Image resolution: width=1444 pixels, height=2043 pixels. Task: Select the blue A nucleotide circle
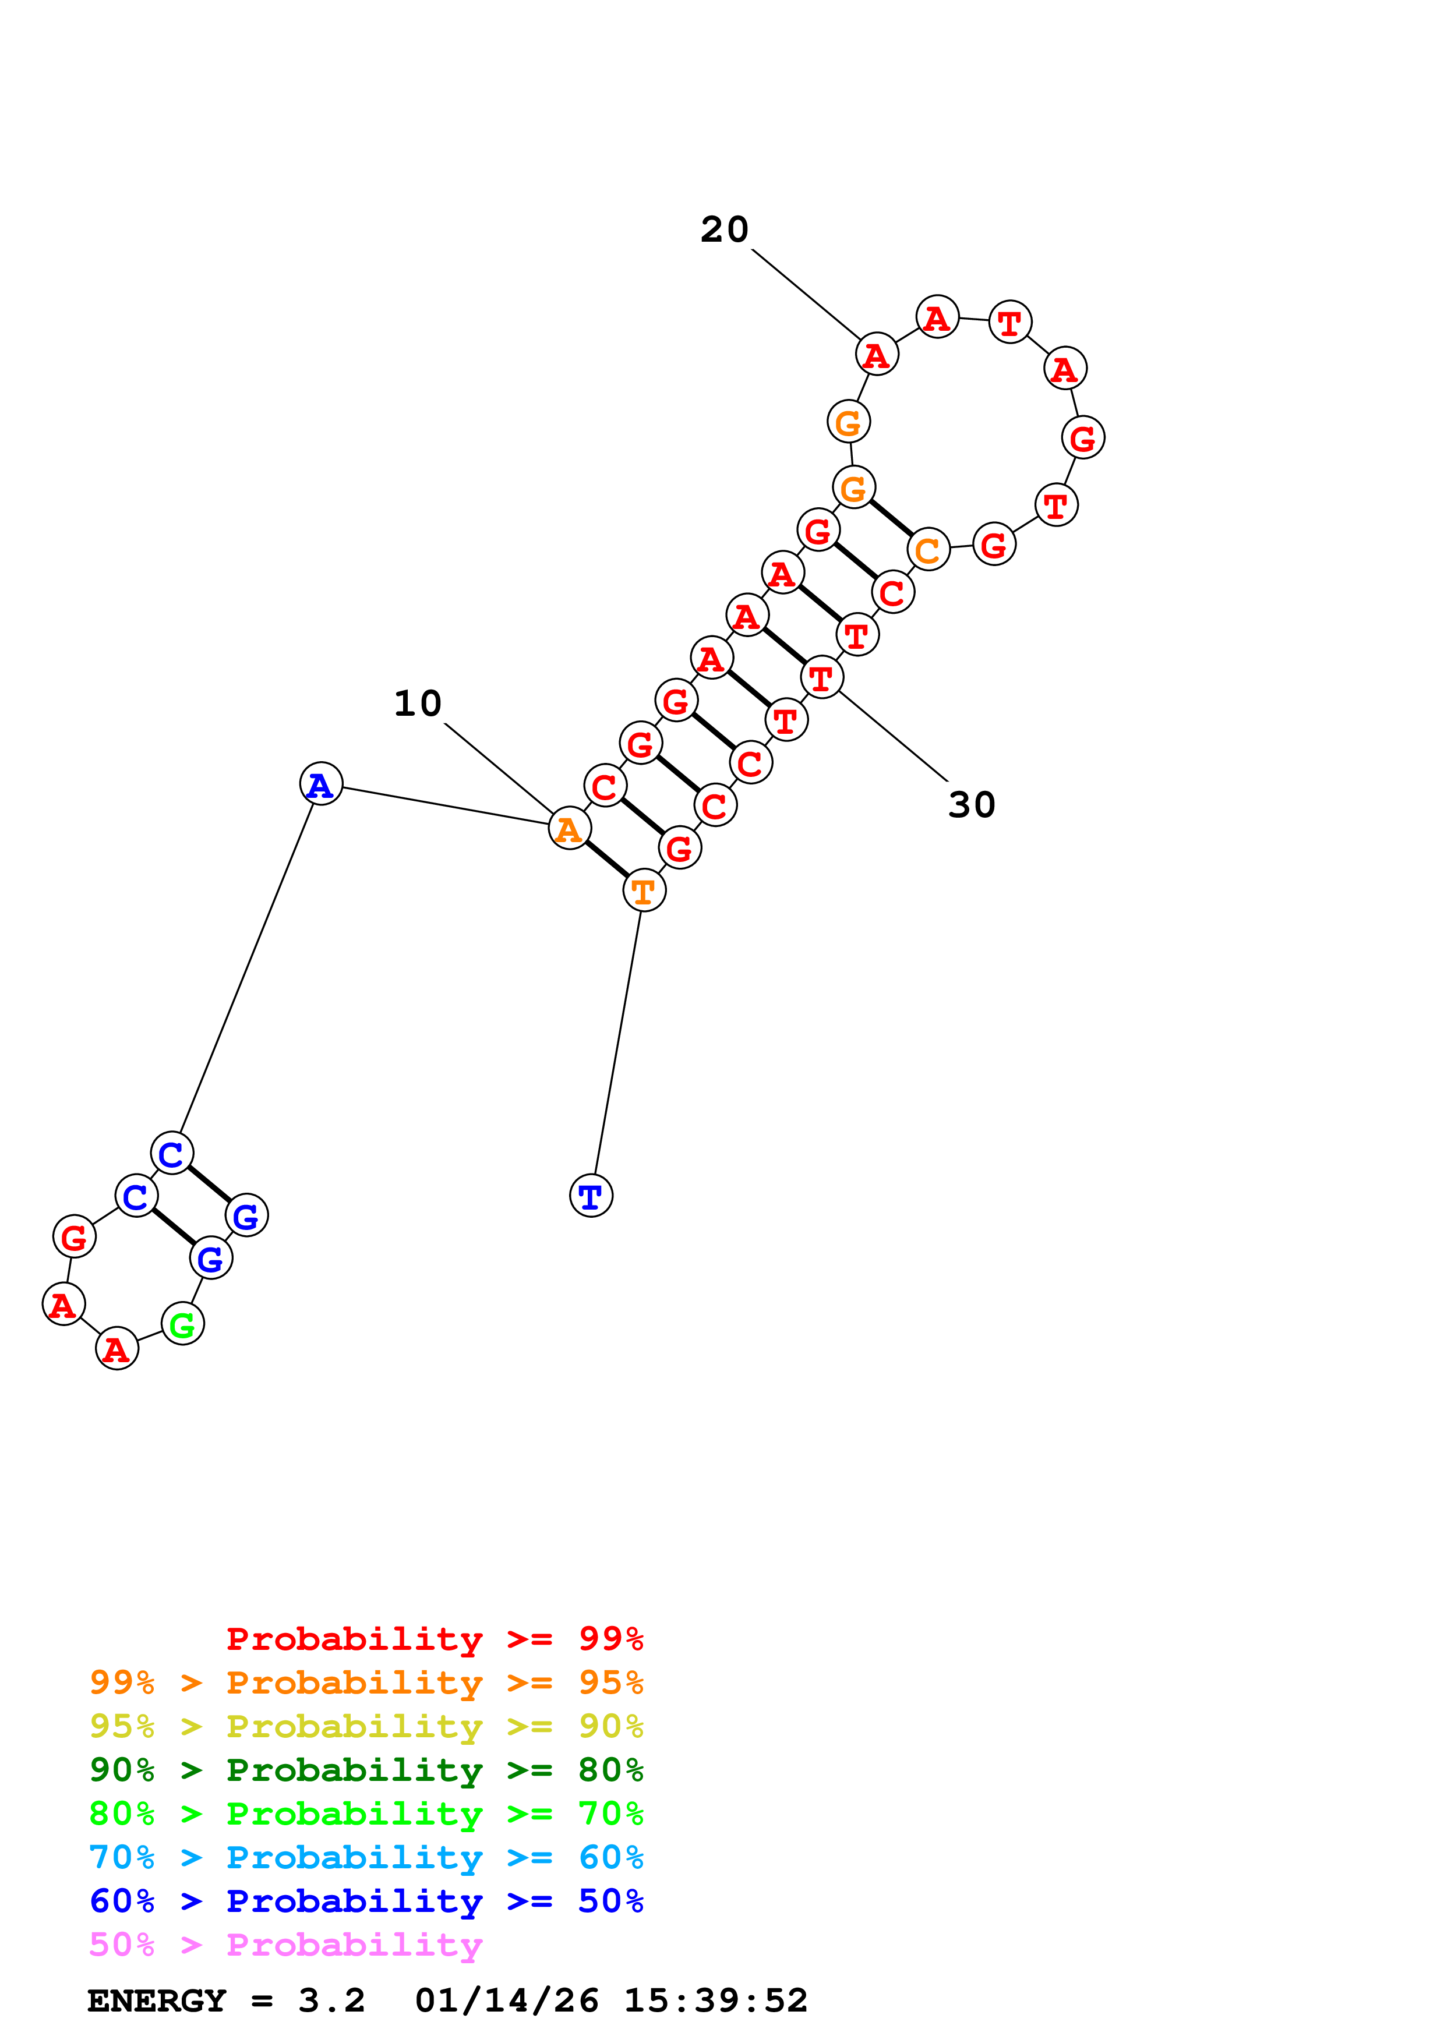pos(321,784)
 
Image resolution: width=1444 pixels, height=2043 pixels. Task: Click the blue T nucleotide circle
pos(591,1195)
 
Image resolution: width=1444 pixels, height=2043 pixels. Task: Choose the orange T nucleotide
pos(643,890)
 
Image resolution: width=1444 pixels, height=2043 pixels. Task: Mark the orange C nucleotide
pos(928,550)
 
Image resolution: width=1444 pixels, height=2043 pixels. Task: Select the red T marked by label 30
pos(821,678)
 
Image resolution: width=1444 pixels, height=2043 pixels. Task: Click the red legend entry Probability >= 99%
pos(435,1639)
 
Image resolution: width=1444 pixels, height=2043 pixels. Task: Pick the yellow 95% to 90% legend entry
pos(366,1726)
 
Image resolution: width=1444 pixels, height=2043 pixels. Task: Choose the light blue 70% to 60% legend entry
pos(366,1857)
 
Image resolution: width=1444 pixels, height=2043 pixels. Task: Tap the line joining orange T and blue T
pos(617,1043)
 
